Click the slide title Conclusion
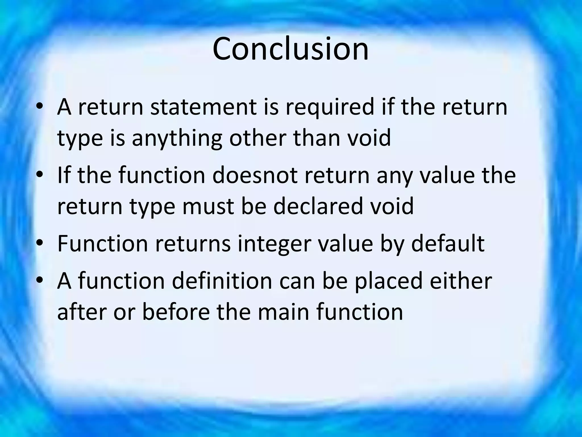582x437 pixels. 290,49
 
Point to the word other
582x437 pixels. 257,138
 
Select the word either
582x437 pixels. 461,281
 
